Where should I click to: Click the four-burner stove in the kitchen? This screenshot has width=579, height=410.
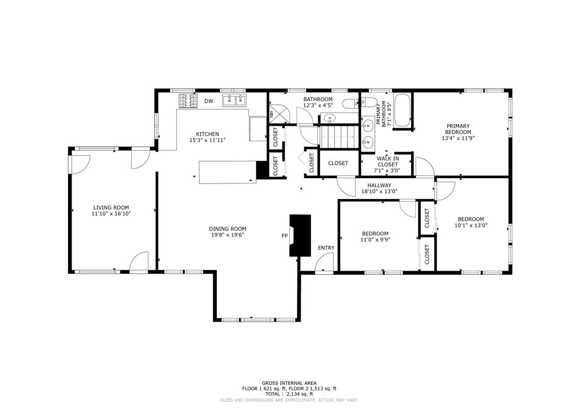(188, 101)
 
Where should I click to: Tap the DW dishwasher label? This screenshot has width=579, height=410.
(209, 101)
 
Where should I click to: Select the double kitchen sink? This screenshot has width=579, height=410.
(234, 100)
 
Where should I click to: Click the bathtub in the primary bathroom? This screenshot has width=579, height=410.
(402, 111)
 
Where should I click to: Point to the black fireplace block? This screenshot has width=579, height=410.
(300, 235)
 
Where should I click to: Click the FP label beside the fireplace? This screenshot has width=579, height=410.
(284, 236)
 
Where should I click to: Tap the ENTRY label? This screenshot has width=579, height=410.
(326, 248)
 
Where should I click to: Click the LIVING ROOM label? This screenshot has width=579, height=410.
(111, 208)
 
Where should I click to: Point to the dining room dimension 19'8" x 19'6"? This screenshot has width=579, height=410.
(228, 235)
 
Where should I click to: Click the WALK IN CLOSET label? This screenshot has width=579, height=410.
(387, 161)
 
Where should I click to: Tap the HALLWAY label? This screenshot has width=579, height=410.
(379, 185)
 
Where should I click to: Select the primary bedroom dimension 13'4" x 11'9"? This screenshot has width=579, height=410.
(458, 138)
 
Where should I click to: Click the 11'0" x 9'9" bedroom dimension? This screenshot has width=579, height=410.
(375, 240)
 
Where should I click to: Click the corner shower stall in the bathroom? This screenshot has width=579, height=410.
(279, 114)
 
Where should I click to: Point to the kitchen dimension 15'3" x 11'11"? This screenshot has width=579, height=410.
(207, 140)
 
